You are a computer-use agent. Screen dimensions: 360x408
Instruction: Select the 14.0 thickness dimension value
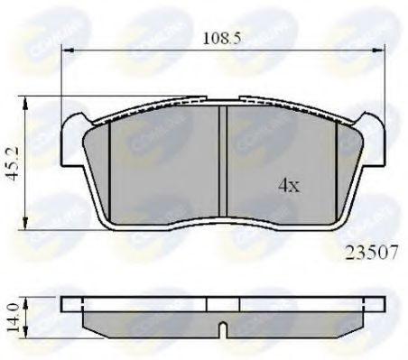(12, 315)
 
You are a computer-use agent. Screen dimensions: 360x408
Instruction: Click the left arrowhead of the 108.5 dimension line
(66, 51)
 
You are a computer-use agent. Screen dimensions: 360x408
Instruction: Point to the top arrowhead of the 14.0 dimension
(28, 300)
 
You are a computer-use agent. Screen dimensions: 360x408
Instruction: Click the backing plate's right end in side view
(374, 305)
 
